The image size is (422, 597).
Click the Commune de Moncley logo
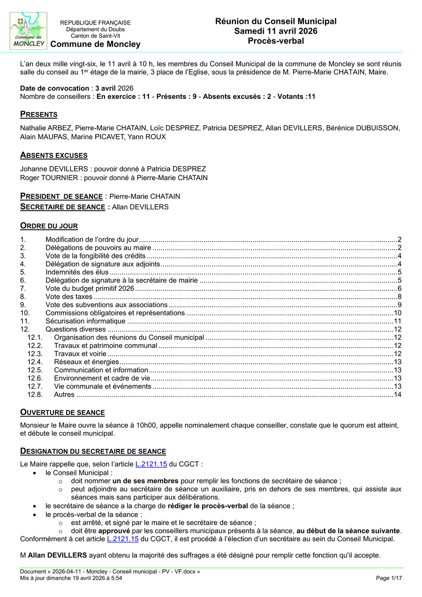coord(29,31)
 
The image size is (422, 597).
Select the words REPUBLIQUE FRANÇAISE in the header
coord(95,23)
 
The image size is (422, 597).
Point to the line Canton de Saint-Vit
coord(95,36)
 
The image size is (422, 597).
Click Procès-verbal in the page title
coord(276,41)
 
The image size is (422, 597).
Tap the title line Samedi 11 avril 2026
coord(276,31)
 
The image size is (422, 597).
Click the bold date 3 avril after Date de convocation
coord(105,88)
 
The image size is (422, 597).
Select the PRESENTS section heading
coord(38,114)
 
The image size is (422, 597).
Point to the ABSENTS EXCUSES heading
coord(53,155)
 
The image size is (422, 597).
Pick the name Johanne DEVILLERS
coord(53,169)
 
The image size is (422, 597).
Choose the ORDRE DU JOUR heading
coord(49,226)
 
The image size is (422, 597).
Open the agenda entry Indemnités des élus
coord(77,272)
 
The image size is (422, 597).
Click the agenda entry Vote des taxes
coord(69,296)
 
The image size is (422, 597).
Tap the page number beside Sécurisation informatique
coord(398,321)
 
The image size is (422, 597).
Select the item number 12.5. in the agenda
coord(35,370)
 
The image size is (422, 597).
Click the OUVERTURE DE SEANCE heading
coord(62,412)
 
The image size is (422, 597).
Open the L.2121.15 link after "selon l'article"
coord(151,464)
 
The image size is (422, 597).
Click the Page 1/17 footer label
coord(389,578)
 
